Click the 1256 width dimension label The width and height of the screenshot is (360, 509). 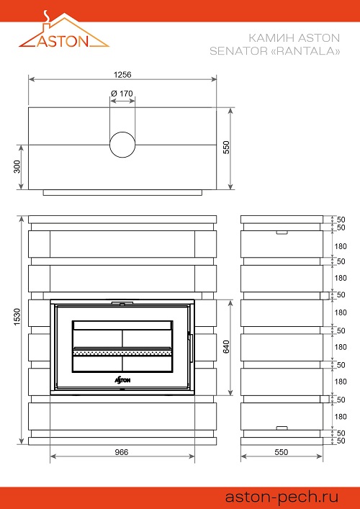tap(122, 75)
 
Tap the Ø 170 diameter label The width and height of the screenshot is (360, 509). tap(122, 94)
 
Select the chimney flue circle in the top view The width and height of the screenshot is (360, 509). tap(122, 145)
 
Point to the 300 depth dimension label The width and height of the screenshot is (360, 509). tap(17, 166)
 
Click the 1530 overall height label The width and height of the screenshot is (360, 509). tap(17, 317)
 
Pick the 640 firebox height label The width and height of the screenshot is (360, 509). tap(226, 347)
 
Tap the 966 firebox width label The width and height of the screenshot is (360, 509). tap(122, 452)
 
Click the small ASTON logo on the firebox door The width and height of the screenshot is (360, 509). tap(122, 380)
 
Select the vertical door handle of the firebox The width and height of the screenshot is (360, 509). tap(191, 348)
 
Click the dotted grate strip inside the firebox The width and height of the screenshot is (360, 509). tap(122, 351)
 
